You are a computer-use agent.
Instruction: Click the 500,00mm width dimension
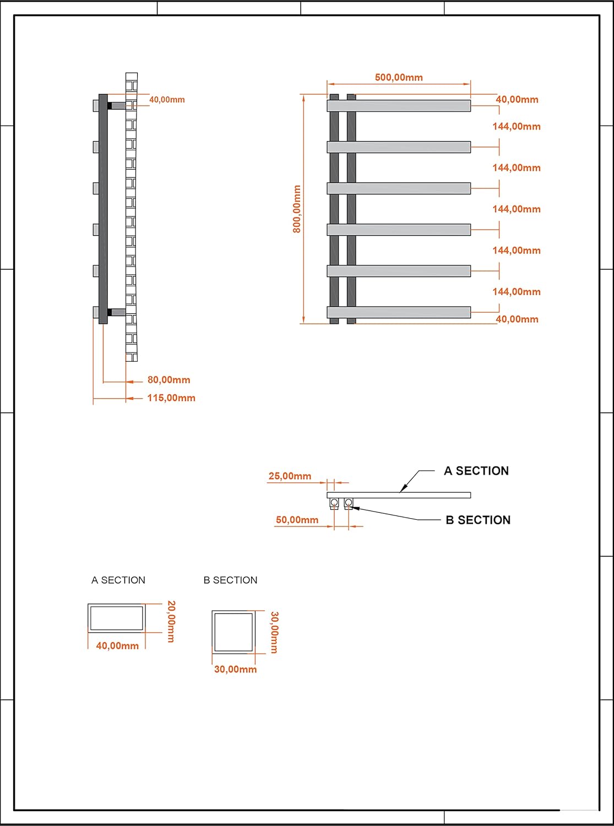(x=399, y=78)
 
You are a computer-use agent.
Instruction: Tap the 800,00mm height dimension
(x=297, y=209)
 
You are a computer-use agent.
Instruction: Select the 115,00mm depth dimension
(x=171, y=398)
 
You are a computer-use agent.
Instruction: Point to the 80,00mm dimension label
(x=169, y=380)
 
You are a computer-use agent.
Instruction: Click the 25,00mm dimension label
(x=290, y=476)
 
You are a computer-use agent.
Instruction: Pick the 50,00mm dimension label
(x=297, y=520)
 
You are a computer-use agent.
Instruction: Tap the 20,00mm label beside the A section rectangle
(x=171, y=621)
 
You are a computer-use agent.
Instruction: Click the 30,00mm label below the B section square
(x=236, y=669)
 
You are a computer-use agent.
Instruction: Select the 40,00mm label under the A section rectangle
(x=117, y=646)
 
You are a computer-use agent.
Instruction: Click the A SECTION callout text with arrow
(x=476, y=471)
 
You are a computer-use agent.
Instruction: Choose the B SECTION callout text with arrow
(x=478, y=520)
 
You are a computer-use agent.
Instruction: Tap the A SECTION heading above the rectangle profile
(x=118, y=580)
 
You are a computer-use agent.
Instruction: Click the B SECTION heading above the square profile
(x=230, y=580)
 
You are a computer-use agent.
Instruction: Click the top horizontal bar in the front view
(x=399, y=106)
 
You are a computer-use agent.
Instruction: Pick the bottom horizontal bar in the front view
(x=399, y=312)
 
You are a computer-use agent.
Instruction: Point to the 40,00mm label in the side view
(x=167, y=100)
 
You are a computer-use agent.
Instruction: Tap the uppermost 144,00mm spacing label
(x=517, y=127)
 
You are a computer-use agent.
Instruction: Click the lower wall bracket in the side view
(x=117, y=312)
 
